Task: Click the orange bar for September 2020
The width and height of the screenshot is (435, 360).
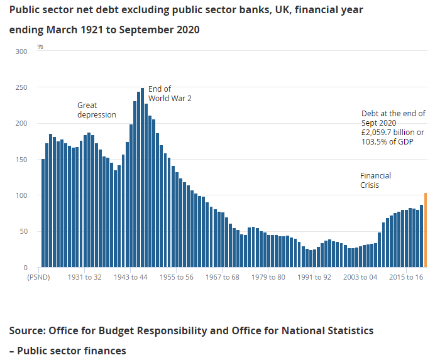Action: [426, 230]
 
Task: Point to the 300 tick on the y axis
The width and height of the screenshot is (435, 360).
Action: [22, 52]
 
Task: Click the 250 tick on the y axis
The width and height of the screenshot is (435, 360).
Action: [22, 87]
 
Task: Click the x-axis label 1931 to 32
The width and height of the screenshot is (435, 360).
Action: [85, 277]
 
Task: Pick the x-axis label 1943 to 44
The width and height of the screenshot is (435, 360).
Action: [131, 277]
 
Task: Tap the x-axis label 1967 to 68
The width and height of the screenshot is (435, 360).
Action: [223, 277]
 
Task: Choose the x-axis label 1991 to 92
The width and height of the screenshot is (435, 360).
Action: [314, 277]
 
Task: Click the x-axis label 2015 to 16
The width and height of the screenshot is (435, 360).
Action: [406, 277]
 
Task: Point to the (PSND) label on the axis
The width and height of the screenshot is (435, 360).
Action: [38, 277]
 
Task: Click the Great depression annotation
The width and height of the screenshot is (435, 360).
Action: [96, 110]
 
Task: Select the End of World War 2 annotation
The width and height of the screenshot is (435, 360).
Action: [169, 94]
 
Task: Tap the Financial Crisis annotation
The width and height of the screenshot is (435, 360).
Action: [375, 180]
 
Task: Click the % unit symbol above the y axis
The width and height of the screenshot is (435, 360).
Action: [40, 47]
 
